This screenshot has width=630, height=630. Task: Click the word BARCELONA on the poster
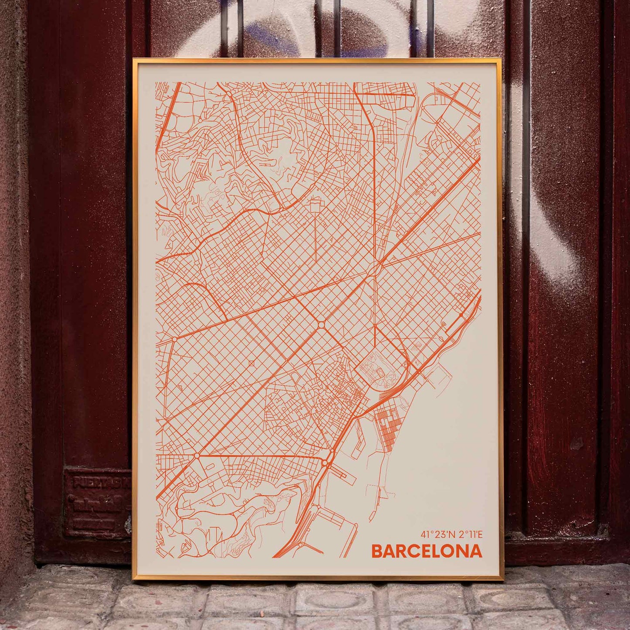[426, 551]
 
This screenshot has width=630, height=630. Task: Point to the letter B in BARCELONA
[377, 551]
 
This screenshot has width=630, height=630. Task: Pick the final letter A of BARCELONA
[477, 551]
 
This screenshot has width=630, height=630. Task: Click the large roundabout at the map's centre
[321, 325]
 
